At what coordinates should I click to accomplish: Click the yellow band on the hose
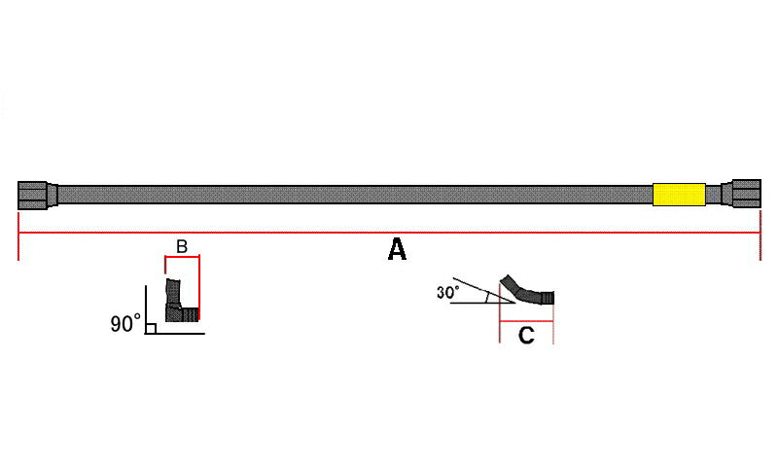[x=679, y=194]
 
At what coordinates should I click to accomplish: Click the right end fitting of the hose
[x=741, y=194]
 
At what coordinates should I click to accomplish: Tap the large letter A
[x=397, y=249]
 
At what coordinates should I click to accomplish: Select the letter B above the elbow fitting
[x=182, y=246]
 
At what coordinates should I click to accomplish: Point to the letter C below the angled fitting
[x=526, y=336]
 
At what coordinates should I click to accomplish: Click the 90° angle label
[x=125, y=324]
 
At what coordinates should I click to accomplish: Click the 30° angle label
[x=448, y=292]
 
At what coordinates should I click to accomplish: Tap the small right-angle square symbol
[x=152, y=329]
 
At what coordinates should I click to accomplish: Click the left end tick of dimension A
[x=18, y=236]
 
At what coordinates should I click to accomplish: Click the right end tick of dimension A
[x=760, y=235]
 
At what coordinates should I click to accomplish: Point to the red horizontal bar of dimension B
[x=182, y=257]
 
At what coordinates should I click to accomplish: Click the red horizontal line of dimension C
[x=526, y=321]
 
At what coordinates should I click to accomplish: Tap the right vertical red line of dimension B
[x=199, y=288]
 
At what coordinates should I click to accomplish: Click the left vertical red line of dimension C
[x=500, y=312]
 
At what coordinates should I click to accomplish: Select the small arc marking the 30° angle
[x=487, y=297]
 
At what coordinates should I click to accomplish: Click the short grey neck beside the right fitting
[x=714, y=194]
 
